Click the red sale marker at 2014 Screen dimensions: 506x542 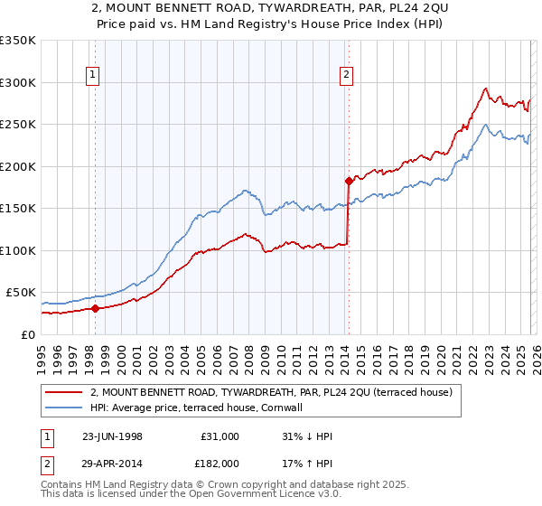pyautogui.click(x=348, y=181)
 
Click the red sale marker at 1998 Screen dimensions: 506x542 pyautogui.click(x=96, y=308)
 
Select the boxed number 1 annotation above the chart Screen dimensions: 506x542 pyautogui.click(x=92, y=76)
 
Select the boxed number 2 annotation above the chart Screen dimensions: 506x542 pyautogui.click(x=346, y=76)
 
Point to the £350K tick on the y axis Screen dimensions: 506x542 pyautogui.click(x=18, y=41)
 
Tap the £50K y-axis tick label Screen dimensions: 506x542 pyautogui.click(x=21, y=293)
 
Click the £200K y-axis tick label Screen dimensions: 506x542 pyautogui.click(x=18, y=166)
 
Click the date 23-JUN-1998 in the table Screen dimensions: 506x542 pyautogui.click(x=112, y=436)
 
